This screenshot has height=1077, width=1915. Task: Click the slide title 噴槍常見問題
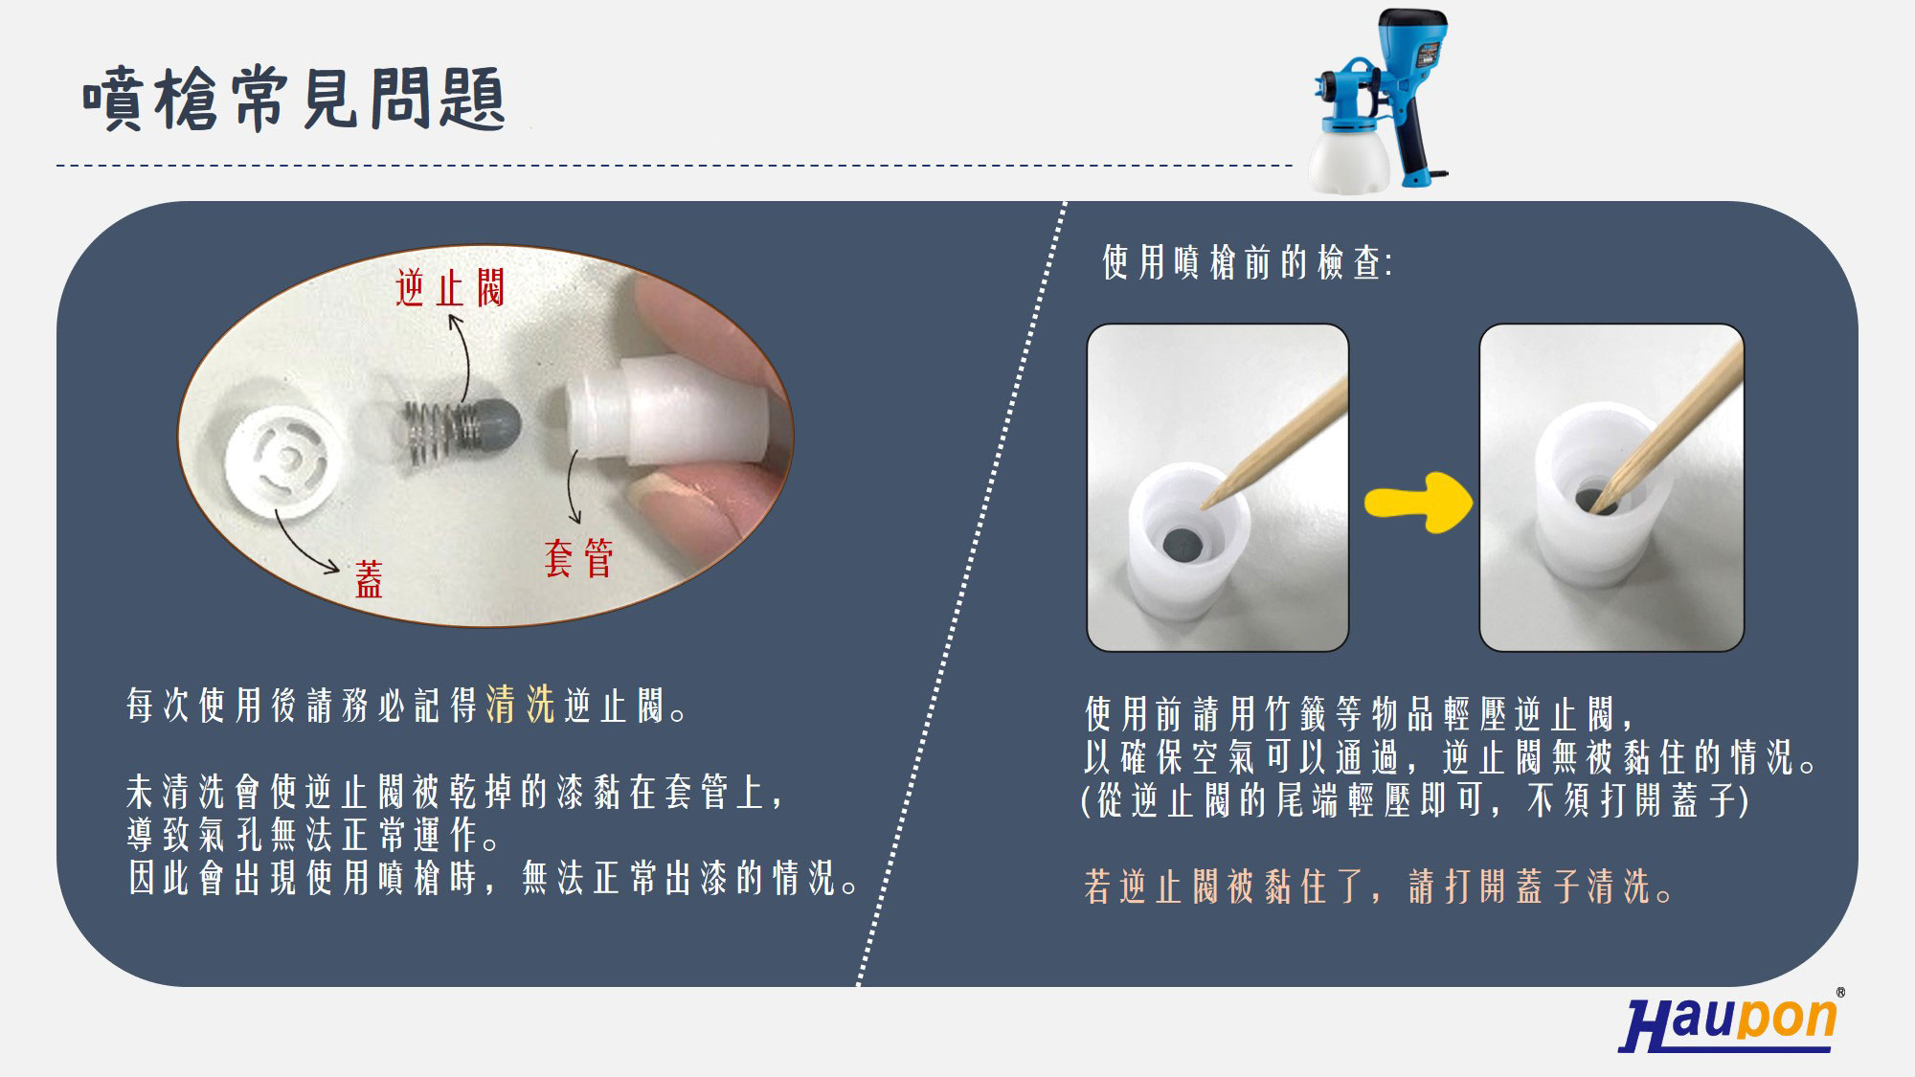pos(294,99)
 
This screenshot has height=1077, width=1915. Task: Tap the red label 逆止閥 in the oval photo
pos(449,287)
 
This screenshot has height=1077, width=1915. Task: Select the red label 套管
pos(578,558)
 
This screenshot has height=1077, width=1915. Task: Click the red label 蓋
pos(369,579)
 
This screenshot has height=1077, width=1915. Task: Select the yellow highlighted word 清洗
pos(521,705)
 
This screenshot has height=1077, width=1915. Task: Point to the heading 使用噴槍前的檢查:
pos(1247,262)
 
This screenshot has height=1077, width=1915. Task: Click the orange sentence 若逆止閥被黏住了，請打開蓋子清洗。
pos(1380,886)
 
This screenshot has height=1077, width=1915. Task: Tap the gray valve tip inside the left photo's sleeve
pos(1183,546)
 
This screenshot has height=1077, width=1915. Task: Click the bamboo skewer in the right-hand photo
pos(1670,425)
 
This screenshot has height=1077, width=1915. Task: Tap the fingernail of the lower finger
pos(675,490)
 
